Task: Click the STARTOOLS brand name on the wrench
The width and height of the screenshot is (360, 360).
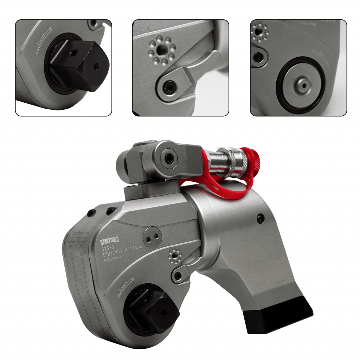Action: [x=109, y=241]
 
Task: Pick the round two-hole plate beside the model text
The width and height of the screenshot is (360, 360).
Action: [x=152, y=238]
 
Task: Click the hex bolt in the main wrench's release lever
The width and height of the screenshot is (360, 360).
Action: [x=179, y=275]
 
